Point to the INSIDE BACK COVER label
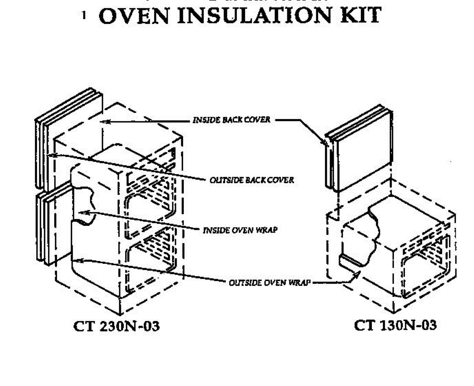pyautogui.click(x=231, y=120)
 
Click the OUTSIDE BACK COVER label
pyautogui.click(x=252, y=180)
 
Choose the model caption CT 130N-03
pyautogui.click(x=395, y=325)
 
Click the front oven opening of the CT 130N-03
pyautogui.click(x=425, y=273)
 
